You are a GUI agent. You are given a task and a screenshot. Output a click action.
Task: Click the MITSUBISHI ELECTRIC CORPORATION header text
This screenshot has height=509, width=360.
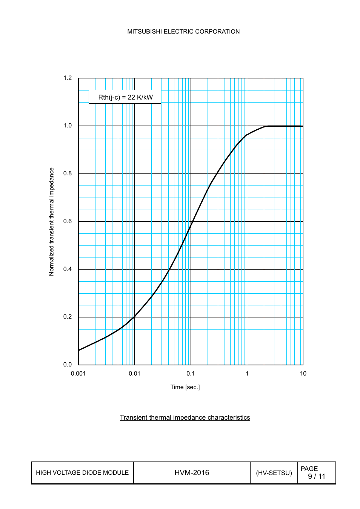coord(183,32)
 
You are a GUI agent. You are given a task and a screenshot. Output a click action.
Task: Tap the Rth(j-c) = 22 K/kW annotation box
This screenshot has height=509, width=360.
coord(125,97)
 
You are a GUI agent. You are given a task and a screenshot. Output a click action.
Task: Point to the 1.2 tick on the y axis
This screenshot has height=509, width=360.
coord(68,78)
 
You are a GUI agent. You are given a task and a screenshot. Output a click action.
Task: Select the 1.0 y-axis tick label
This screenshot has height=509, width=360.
coord(68,126)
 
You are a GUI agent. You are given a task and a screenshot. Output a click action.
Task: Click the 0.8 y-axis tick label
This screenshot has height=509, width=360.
coord(68,173)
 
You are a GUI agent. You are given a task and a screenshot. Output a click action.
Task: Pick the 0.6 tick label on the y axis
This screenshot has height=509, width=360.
coord(68,221)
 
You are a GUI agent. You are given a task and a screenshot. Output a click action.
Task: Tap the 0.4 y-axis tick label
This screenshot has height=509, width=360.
coord(68,269)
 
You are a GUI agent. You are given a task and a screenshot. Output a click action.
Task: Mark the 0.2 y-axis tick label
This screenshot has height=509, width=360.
coord(68,317)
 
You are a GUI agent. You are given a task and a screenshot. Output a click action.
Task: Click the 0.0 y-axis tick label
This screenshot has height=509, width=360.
coord(68,365)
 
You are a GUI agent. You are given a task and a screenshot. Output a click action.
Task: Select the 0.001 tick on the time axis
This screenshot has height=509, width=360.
coord(78,374)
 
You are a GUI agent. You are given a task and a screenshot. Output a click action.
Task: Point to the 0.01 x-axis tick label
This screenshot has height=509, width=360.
coord(134,374)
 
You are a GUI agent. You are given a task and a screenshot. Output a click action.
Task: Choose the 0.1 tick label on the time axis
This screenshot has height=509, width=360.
coord(191,374)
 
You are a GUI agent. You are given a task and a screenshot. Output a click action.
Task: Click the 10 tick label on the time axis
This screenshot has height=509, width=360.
coord(303,374)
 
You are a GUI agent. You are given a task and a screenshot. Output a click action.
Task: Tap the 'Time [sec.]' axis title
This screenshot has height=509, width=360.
coord(185,387)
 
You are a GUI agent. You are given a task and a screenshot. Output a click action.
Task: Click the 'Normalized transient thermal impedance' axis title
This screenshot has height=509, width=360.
coord(52,222)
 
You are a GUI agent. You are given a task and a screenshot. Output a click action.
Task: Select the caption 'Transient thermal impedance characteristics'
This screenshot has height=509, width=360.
coord(185,417)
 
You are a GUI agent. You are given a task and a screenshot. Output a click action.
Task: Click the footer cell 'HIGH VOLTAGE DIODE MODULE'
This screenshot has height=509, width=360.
coord(82,473)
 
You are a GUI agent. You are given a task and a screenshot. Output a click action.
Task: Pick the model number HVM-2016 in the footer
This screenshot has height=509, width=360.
coord(192,473)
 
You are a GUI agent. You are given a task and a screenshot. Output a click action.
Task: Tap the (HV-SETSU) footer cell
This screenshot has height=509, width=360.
coord(274,473)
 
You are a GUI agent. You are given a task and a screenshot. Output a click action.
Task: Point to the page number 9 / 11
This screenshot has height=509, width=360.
coord(316,476)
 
